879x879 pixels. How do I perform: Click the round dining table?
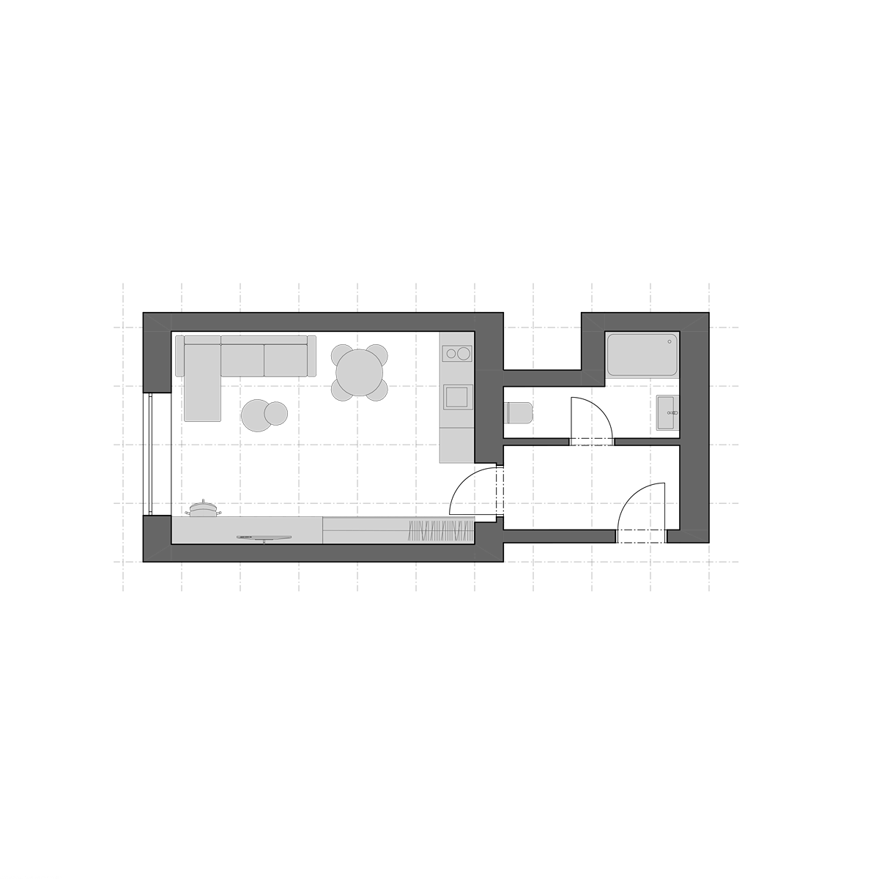[359, 373]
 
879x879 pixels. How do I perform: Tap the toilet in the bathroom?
[518, 412]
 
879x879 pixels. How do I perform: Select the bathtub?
[642, 355]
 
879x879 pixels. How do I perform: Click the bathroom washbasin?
[667, 413]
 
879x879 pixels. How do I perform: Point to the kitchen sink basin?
[458, 396]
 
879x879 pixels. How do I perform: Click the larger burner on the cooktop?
[463, 354]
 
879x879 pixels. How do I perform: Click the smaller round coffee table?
[276, 414]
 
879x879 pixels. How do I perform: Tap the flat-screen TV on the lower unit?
[264, 538]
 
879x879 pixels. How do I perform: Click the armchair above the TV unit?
[203, 508]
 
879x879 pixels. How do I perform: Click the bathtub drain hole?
[670, 341]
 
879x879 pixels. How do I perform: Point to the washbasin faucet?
[674, 413]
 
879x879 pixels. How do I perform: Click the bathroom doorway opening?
[591, 442]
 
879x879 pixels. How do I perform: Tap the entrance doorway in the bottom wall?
[642, 537]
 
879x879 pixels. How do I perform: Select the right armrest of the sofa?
[311, 356]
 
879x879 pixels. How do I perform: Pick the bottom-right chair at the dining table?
[377, 390]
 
